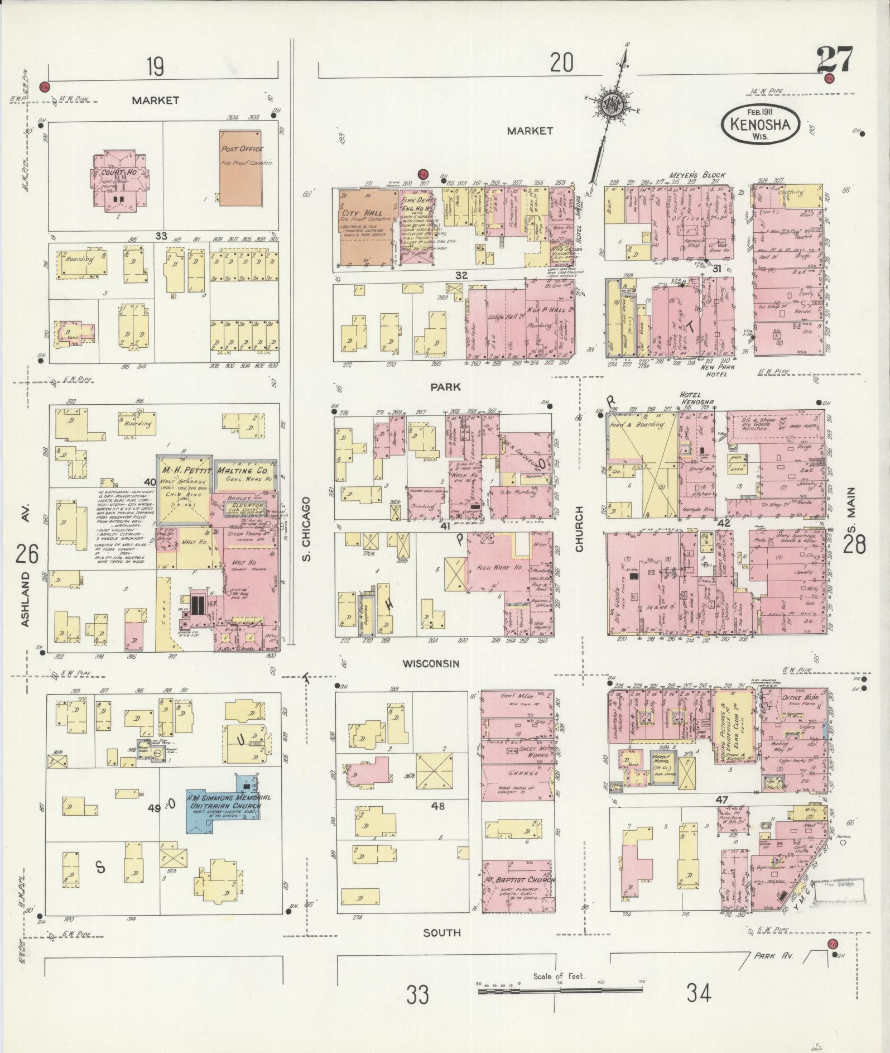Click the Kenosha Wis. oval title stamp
(760, 126)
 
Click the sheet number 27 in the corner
(835, 60)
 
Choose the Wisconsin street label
(432, 663)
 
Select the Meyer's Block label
(700, 174)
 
